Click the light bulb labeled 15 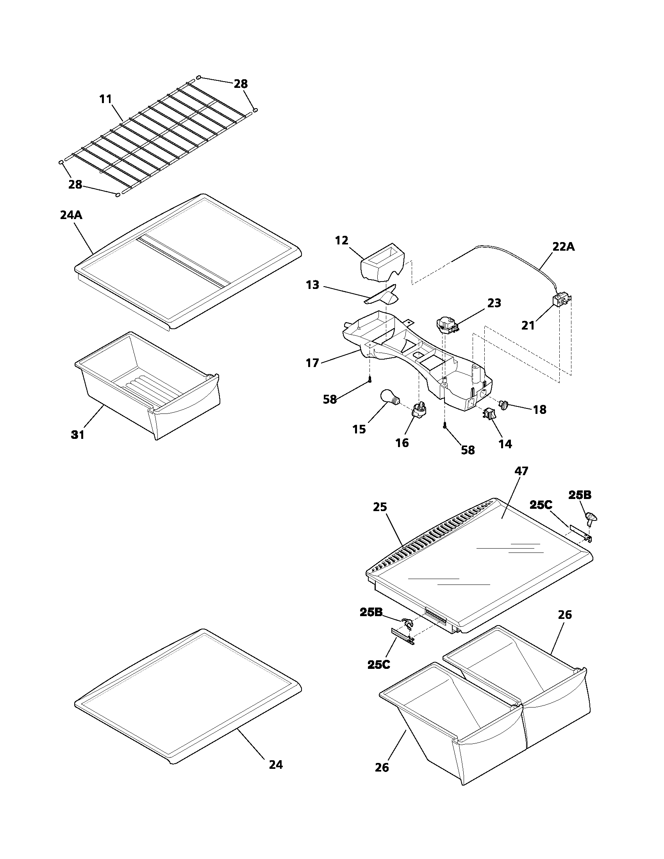point(389,397)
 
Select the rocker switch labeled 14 point(489,413)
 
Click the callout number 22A point(564,247)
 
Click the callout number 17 point(312,363)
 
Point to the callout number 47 point(521,471)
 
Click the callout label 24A point(71,215)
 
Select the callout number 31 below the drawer point(77,435)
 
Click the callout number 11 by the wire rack point(105,99)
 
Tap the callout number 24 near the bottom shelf point(276,765)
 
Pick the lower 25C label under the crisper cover point(378,664)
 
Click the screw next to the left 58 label point(370,380)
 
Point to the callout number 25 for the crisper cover point(380,506)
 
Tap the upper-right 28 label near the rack point(241,84)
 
